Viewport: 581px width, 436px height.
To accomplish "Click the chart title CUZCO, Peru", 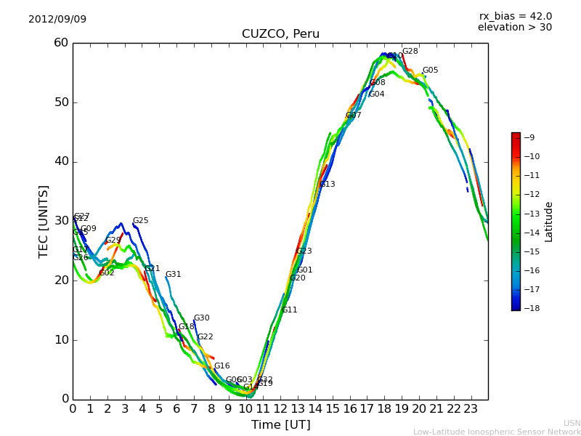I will click(280, 34).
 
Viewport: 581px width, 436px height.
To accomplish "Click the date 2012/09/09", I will click(57, 19).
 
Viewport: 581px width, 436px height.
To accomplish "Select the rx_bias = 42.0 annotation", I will click(515, 16).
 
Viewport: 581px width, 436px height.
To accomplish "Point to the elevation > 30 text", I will click(514, 28).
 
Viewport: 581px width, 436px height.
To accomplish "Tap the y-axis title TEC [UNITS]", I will click(44, 221).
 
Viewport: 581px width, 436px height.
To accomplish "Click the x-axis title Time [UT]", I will click(280, 425).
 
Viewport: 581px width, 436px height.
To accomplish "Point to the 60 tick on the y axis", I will click(61, 43).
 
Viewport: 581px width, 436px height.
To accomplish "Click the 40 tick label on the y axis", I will click(61, 161).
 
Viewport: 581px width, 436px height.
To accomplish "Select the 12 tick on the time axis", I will click(280, 408).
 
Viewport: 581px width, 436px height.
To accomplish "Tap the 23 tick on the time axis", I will click(471, 408).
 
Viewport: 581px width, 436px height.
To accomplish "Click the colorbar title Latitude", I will click(549, 221).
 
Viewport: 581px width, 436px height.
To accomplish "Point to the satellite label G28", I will click(410, 52).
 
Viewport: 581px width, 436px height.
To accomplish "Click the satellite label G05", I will click(430, 70).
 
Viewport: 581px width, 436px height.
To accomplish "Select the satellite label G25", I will click(140, 221).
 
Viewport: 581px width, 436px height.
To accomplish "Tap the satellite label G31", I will click(173, 275).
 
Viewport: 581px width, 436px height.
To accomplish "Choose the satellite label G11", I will click(289, 310).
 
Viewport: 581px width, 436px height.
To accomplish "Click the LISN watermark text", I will click(572, 423).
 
